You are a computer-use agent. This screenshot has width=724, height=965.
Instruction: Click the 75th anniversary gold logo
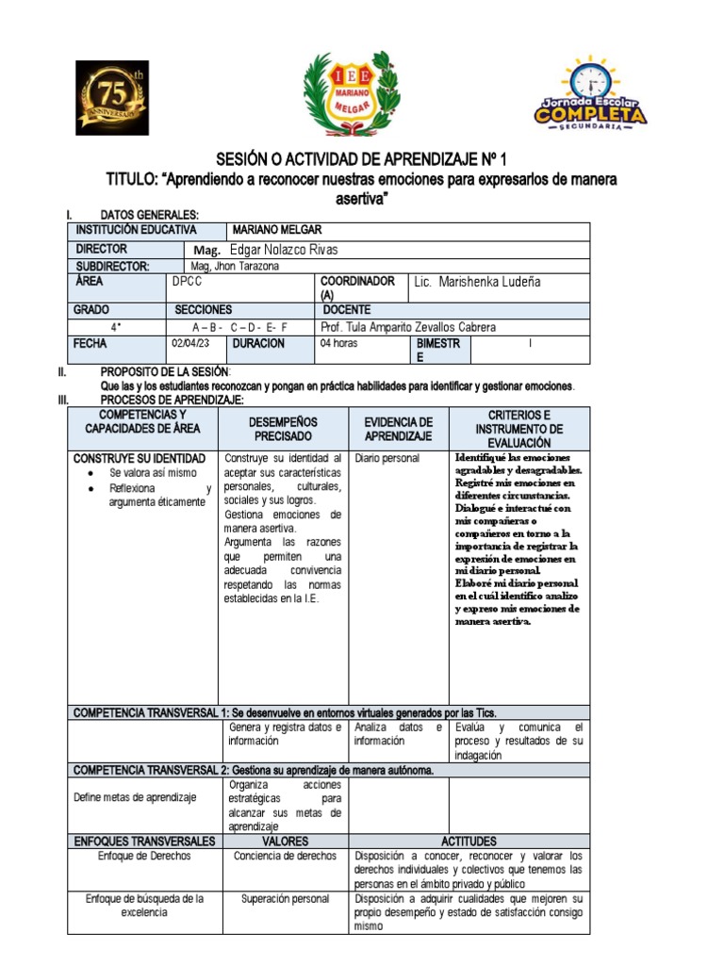pyautogui.click(x=112, y=98)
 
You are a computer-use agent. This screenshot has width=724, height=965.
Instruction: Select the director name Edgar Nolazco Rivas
pyautogui.click(x=276, y=250)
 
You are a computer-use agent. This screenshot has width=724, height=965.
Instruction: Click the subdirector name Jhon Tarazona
pyautogui.click(x=235, y=267)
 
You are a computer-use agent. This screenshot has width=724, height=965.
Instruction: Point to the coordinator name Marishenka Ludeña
pyautogui.click(x=478, y=283)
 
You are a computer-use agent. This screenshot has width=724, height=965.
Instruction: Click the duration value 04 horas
pyautogui.click(x=339, y=344)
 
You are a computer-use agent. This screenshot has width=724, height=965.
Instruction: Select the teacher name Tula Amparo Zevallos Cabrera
pyautogui.click(x=407, y=327)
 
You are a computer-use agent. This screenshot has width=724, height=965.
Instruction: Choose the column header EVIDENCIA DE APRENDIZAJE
pyautogui.click(x=399, y=429)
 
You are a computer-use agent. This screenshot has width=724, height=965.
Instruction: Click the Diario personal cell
pyautogui.click(x=387, y=459)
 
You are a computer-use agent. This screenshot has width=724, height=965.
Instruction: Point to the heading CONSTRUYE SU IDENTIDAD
pyautogui.click(x=140, y=458)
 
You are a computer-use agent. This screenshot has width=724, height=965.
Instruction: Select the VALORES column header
pyautogui.click(x=285, y=841)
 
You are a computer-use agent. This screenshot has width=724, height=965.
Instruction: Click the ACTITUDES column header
pyautogui.click(x=469, y=841)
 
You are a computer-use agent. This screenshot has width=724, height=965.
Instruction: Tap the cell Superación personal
pyautogui.click(x=285, y=899)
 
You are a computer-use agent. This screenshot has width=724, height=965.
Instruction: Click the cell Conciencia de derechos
pyautogui.click(x=285, y=856)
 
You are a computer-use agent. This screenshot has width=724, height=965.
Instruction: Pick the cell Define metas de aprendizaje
pyautogui.click(x=135, y=797)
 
